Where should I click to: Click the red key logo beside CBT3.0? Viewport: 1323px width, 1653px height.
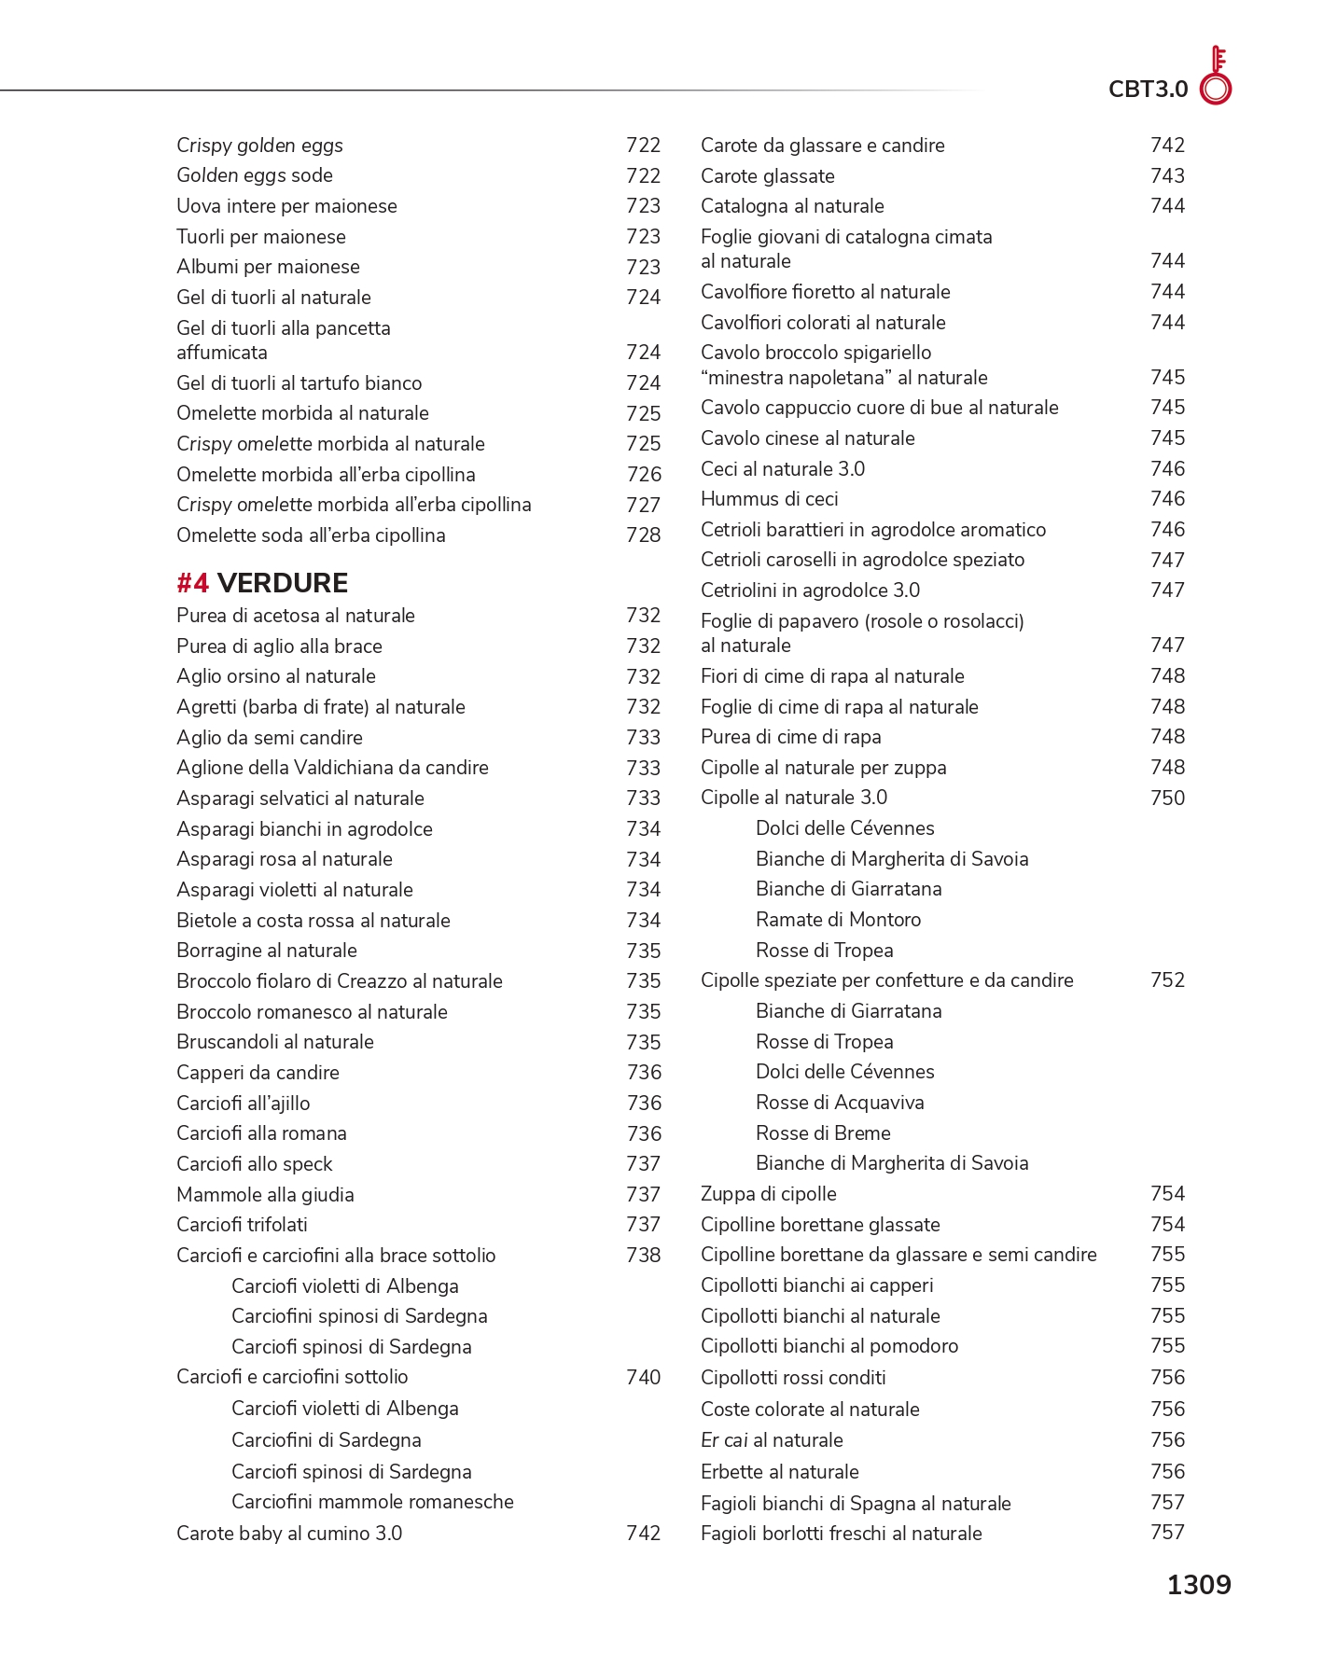[x=1216, y=76]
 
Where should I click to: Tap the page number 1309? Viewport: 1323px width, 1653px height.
[x=1199, y=1585]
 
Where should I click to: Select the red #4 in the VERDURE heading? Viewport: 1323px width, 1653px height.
[x=193, y=583]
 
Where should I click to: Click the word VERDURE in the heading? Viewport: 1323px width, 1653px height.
[x=282, y=583]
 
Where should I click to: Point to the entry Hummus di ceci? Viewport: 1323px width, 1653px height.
[x=769, y=499]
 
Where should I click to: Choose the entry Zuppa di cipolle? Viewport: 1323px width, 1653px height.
[x=768, y=1194]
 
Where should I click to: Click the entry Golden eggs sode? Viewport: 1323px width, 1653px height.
[x=254, y=175]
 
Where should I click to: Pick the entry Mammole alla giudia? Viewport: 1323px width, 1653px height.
[x=265, y=1195]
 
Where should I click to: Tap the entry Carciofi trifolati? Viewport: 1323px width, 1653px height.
[x=242, y=1225]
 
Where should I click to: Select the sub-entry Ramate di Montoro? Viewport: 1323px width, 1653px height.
[x=838, y=920]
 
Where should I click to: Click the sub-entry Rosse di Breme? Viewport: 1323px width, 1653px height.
[x=823, y=1133]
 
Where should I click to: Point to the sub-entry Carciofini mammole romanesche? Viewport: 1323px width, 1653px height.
[x=372, y=1502]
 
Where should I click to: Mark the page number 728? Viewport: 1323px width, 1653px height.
[x=643, y=535]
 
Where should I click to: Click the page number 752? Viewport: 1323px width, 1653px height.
[x=1167, y=980]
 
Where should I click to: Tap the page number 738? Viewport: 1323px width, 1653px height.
[x=643, y=1256]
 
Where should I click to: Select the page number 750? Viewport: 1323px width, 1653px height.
[x=1167, y=799]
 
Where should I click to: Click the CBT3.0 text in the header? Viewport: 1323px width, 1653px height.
[x=1148, y=90]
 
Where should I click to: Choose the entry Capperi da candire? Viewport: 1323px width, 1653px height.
[x=258, y=1073]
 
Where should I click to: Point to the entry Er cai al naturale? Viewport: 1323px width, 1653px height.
[x=772, y=1440]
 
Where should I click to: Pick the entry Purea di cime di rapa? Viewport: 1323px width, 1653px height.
[x=790, y=737]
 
